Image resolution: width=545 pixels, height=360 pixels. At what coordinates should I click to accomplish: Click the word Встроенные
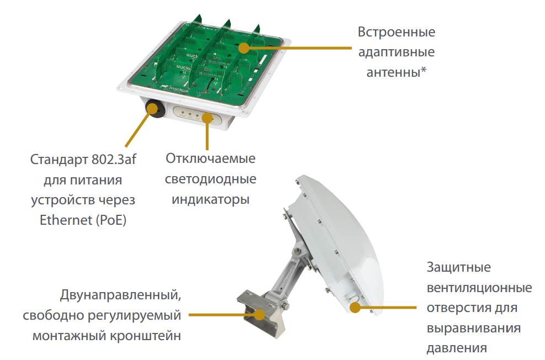pyautogui.click(x=396, y=32)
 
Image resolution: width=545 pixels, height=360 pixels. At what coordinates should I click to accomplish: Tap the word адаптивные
pyautogui.click(x=396, y=52)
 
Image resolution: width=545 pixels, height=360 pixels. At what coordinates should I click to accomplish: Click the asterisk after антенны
pyautogui.click(x=424, y=71)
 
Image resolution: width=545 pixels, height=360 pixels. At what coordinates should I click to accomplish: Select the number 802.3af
pyautogui.click(x=114, y=160)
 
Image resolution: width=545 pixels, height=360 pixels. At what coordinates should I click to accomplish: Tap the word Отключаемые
pyautogui.click(x=210, y=158)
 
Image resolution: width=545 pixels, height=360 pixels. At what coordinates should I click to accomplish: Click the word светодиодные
pyautogui.click(x=210, y=179)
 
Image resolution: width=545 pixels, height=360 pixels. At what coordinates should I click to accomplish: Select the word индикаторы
pyautogui.click(x=210, y=199)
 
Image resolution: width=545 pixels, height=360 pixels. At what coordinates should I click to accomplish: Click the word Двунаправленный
pyautogui.click(x=120, y=295)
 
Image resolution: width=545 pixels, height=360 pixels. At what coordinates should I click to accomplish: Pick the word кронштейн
pyautogui.click(x=145, y=336)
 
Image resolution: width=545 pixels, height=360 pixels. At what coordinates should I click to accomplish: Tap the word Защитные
pyautogui.click(x=459, y=268)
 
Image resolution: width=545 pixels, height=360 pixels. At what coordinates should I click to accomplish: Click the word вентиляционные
pyautogui.click(x=479, y=288)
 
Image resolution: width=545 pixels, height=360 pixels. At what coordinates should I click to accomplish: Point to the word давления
pyautogui.click(x=456, y=348)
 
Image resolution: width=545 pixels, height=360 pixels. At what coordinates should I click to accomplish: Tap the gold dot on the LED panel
pyautogui.click(x=207, y=118)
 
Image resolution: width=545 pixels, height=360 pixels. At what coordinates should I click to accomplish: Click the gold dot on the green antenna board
pyautogui.click(x=245, y=48)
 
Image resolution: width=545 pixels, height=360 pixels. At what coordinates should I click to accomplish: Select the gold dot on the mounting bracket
pyautogui.click(x=260, y=315)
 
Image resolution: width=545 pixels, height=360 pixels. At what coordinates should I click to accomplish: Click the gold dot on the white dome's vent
pyautogui.click(x=355, y=307)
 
